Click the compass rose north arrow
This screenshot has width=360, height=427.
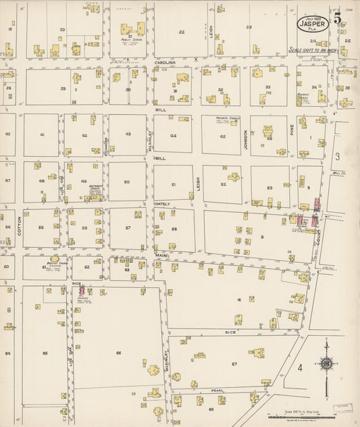coord(327,363)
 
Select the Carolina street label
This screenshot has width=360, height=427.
coord(164,62)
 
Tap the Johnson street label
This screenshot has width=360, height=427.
coord(246,139)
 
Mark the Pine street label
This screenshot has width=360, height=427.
coord(292,135)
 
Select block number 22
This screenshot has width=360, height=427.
coord(181,32)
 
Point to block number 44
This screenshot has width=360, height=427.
coord(174,136)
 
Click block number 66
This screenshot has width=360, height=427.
coord(118,353)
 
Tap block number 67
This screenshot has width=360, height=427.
coord(234,363)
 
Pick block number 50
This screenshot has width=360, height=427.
coord(126,182)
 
